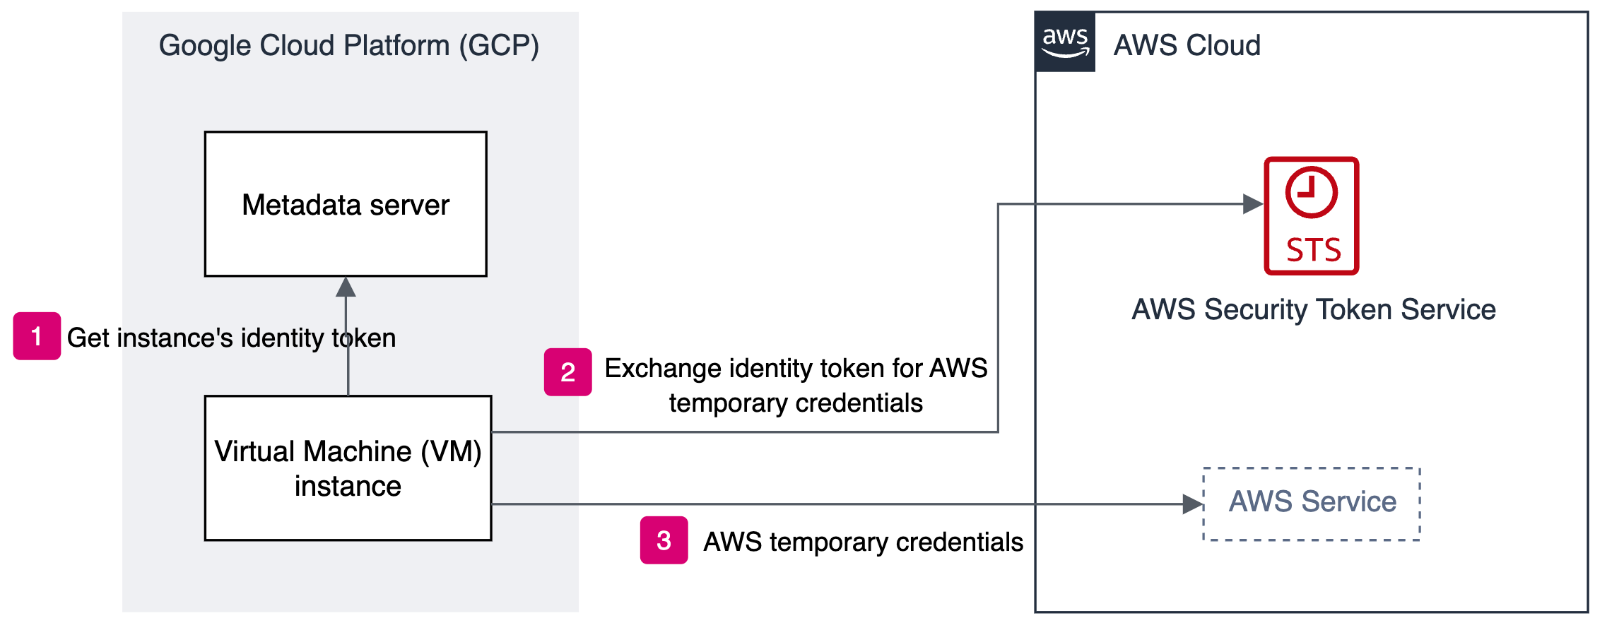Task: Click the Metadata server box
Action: [346, 204]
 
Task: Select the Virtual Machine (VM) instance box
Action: [348, 468]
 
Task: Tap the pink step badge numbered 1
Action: [37, 336]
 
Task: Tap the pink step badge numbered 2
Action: [567, 372]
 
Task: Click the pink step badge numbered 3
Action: [664, 540]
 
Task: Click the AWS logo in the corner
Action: [1065, 42]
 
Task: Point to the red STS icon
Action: [1311, 215]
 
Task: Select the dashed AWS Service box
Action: [1312, 504]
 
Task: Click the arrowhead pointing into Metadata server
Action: [346, 287]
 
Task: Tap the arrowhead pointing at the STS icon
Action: [1252, 204]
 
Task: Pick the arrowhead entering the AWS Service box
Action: [1193, 504]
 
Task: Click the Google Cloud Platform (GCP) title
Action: [348, 45]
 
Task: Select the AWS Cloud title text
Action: [1187, 45]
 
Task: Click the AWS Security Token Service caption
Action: [1313, 309]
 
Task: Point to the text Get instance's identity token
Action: [231, 338]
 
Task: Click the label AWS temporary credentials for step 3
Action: [863, 542]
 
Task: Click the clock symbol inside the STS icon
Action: [1311, 192]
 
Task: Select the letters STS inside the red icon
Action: [1313, 250]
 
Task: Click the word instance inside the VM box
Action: [348, 487]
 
